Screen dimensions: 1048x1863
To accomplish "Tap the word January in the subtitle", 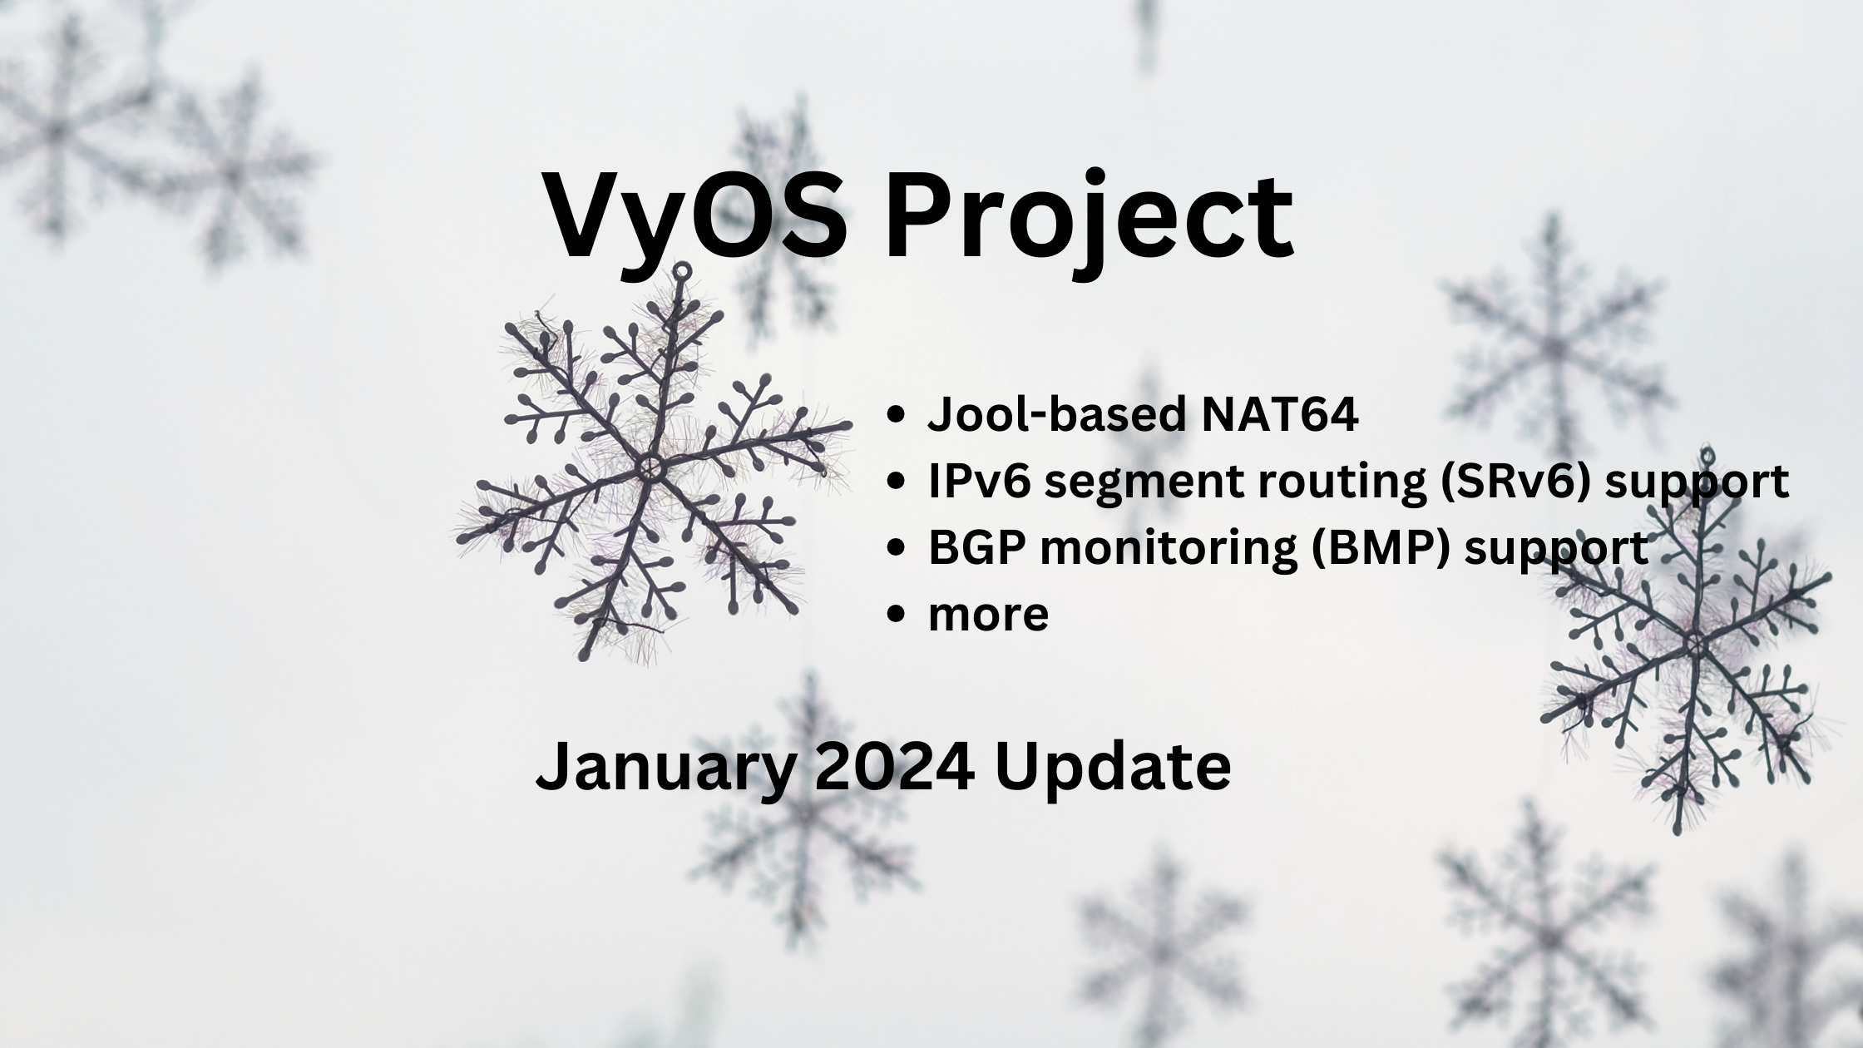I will [665, 767].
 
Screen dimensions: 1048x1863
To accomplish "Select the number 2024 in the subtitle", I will [894, 767].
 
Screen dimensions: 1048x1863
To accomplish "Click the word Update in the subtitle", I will [1112, 767].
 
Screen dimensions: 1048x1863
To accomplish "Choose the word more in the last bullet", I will [988, 615].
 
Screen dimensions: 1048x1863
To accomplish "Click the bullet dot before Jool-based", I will [896, 414].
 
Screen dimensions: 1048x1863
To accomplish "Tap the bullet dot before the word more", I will [896, 615].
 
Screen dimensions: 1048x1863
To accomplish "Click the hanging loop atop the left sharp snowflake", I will [682, 271].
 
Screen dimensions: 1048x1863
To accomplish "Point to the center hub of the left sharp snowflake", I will [650, 467].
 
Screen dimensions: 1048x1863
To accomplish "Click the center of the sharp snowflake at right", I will [1694, 643].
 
